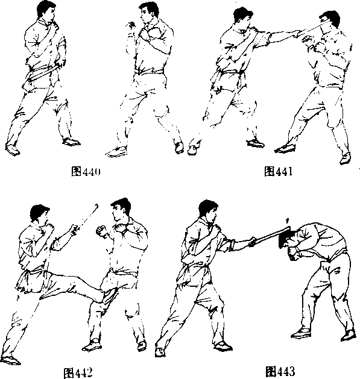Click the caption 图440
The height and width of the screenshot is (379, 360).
pyautogui.click(x=86, y=172)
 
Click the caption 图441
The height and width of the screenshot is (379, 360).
pyautogui.click(x=278, y=171)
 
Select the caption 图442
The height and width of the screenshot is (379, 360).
pyautogui.click(x=78, y=373)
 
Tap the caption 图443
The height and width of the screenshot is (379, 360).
pyautogui.click(x=280, y=371)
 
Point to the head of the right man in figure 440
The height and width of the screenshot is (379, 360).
pyautogui.click(x=148, y=13)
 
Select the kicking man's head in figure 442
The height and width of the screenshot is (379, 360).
pyautogui.click(x=40, y=214)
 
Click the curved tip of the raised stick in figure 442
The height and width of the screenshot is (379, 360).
pyautogui.click(x=96, y=206)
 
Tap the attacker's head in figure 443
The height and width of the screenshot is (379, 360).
pyautogui.click(x=208, y=211)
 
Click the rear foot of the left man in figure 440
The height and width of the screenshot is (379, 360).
pyautogui.click(x=13, y=149)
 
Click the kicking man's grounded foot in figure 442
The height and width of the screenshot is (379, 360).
pyautogui.click(x=10, y=360)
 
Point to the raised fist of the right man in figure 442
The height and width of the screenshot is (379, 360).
pyautogui.click(x=101, y=231)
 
